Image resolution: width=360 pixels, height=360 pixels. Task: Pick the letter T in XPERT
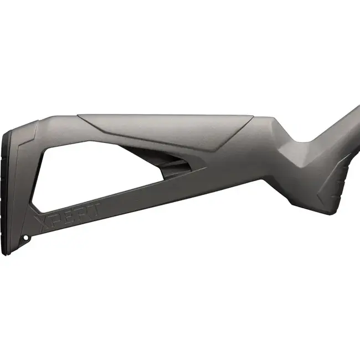pos(95,208)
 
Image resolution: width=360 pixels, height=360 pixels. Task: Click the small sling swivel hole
pos(26,238)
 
